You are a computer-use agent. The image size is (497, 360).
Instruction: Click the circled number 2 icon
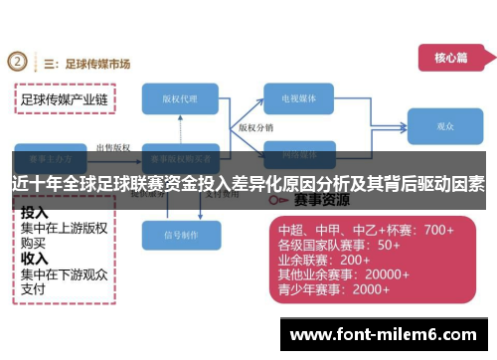pos(18,63)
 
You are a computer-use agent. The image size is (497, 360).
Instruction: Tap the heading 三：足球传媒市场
pos(87,64)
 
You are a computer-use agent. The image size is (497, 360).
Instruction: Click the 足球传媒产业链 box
pos(65,99)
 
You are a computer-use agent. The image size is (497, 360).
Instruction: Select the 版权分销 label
pos(254,128)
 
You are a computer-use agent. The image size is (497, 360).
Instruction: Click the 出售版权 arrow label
pos(111,147)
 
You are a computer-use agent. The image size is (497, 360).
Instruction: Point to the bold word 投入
pos(35,212)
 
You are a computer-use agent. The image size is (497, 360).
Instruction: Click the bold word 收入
pos(35,258)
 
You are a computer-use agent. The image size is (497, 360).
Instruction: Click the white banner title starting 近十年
pos(248,184)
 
